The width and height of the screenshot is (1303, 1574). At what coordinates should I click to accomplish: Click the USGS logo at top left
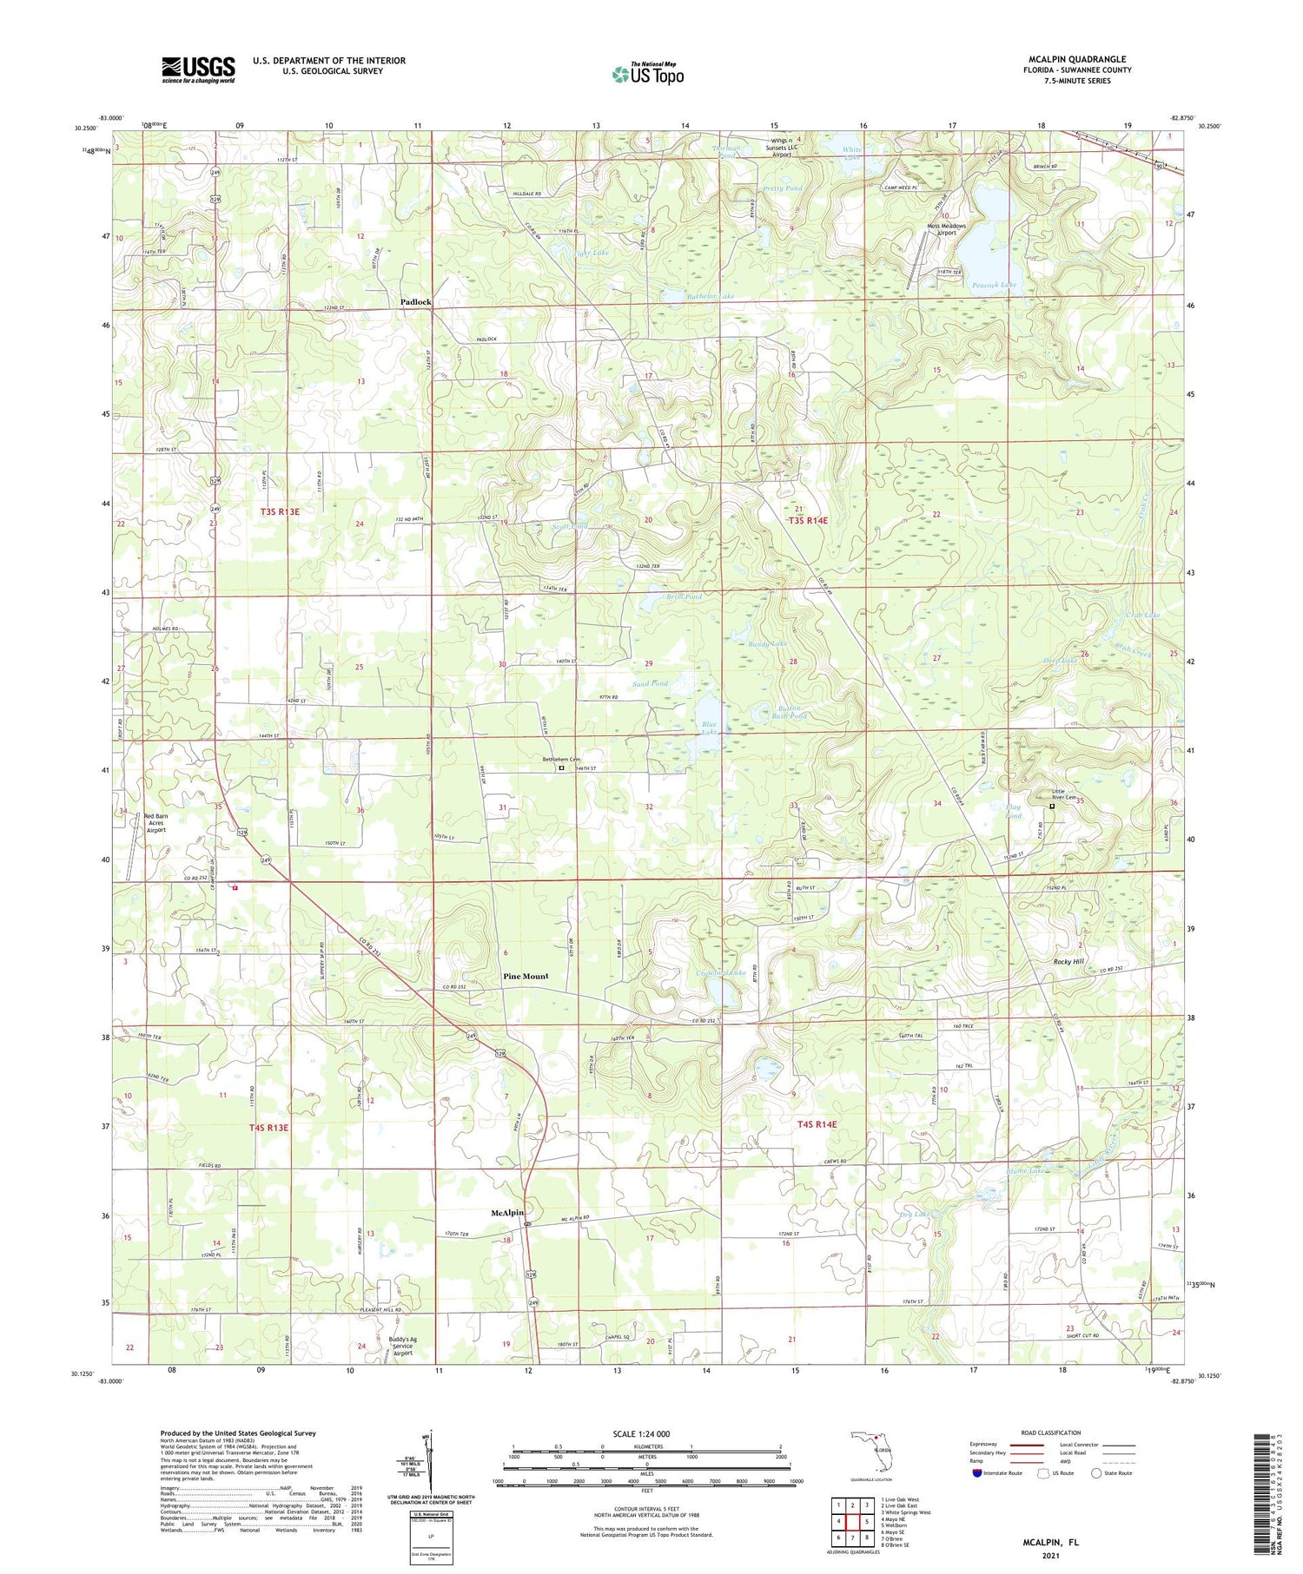[198, 69]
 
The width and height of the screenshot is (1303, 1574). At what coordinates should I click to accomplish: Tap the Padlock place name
[415, 302]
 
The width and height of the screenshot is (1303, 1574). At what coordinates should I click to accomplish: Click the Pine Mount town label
[526, 976]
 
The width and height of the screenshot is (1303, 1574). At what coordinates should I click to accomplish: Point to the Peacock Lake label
[994, 285]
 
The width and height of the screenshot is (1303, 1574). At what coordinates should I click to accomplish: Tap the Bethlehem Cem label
[561, 760]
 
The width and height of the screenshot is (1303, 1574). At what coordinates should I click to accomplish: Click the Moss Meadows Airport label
[946, 229]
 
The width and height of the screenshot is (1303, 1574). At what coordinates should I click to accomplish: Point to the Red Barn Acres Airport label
[156, 823]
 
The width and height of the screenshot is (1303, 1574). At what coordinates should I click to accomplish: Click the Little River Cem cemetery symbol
[1052, 807]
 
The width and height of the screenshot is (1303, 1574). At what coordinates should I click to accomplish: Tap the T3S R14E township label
[808, 520]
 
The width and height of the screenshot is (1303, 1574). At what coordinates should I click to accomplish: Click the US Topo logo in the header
[648, 74]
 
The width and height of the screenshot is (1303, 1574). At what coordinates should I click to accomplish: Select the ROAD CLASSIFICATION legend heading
[1051, 1432]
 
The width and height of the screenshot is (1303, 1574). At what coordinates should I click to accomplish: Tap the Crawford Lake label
[721, 973]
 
